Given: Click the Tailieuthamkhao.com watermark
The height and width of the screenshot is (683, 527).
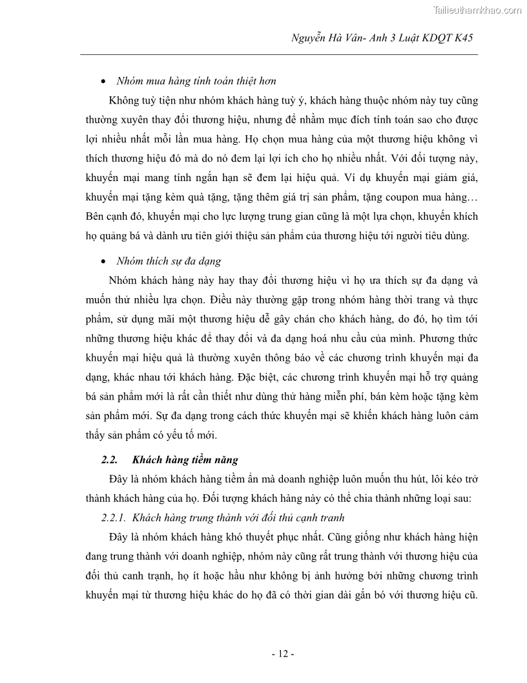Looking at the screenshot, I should point(475,10).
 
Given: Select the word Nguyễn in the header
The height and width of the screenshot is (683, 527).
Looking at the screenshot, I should point(309,39).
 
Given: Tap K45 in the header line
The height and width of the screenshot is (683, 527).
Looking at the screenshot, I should point(462,39).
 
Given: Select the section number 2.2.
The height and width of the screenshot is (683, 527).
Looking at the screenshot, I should point(109,460).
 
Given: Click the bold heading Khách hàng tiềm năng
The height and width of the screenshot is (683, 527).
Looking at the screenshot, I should point(185,460).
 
